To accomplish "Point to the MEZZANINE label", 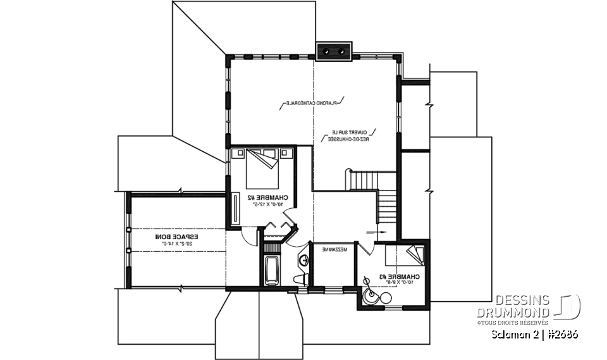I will pos(334,250).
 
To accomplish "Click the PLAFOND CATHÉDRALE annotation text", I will pos(311,102).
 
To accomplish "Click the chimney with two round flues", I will pos(334,51).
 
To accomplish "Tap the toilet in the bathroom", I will pos(302,278).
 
